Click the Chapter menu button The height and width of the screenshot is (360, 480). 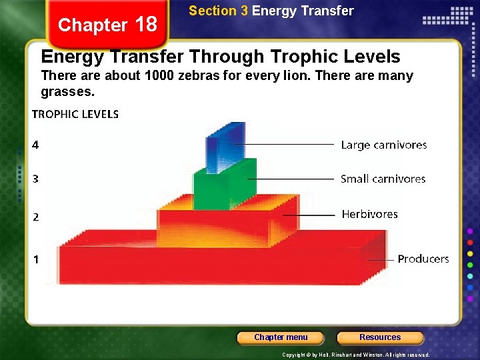pos(281,337)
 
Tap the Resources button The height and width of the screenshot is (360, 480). pos(380,337)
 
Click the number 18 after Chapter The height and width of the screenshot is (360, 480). pos(145,25)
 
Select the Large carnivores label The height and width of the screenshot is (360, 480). pos(383,145)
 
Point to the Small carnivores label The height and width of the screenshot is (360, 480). pos(383,179)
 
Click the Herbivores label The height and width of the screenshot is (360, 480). pos(369,214)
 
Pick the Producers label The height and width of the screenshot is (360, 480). pos(423,259)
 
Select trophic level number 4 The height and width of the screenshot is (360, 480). pos(35,145)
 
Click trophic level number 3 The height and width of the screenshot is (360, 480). pos(35,179)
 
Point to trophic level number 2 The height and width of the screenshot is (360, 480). pos(35,217)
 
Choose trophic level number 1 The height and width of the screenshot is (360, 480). pos(36,259)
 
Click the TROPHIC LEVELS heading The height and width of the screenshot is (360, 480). pos(75,114)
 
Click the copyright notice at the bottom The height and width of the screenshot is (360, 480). pos(356,355)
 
